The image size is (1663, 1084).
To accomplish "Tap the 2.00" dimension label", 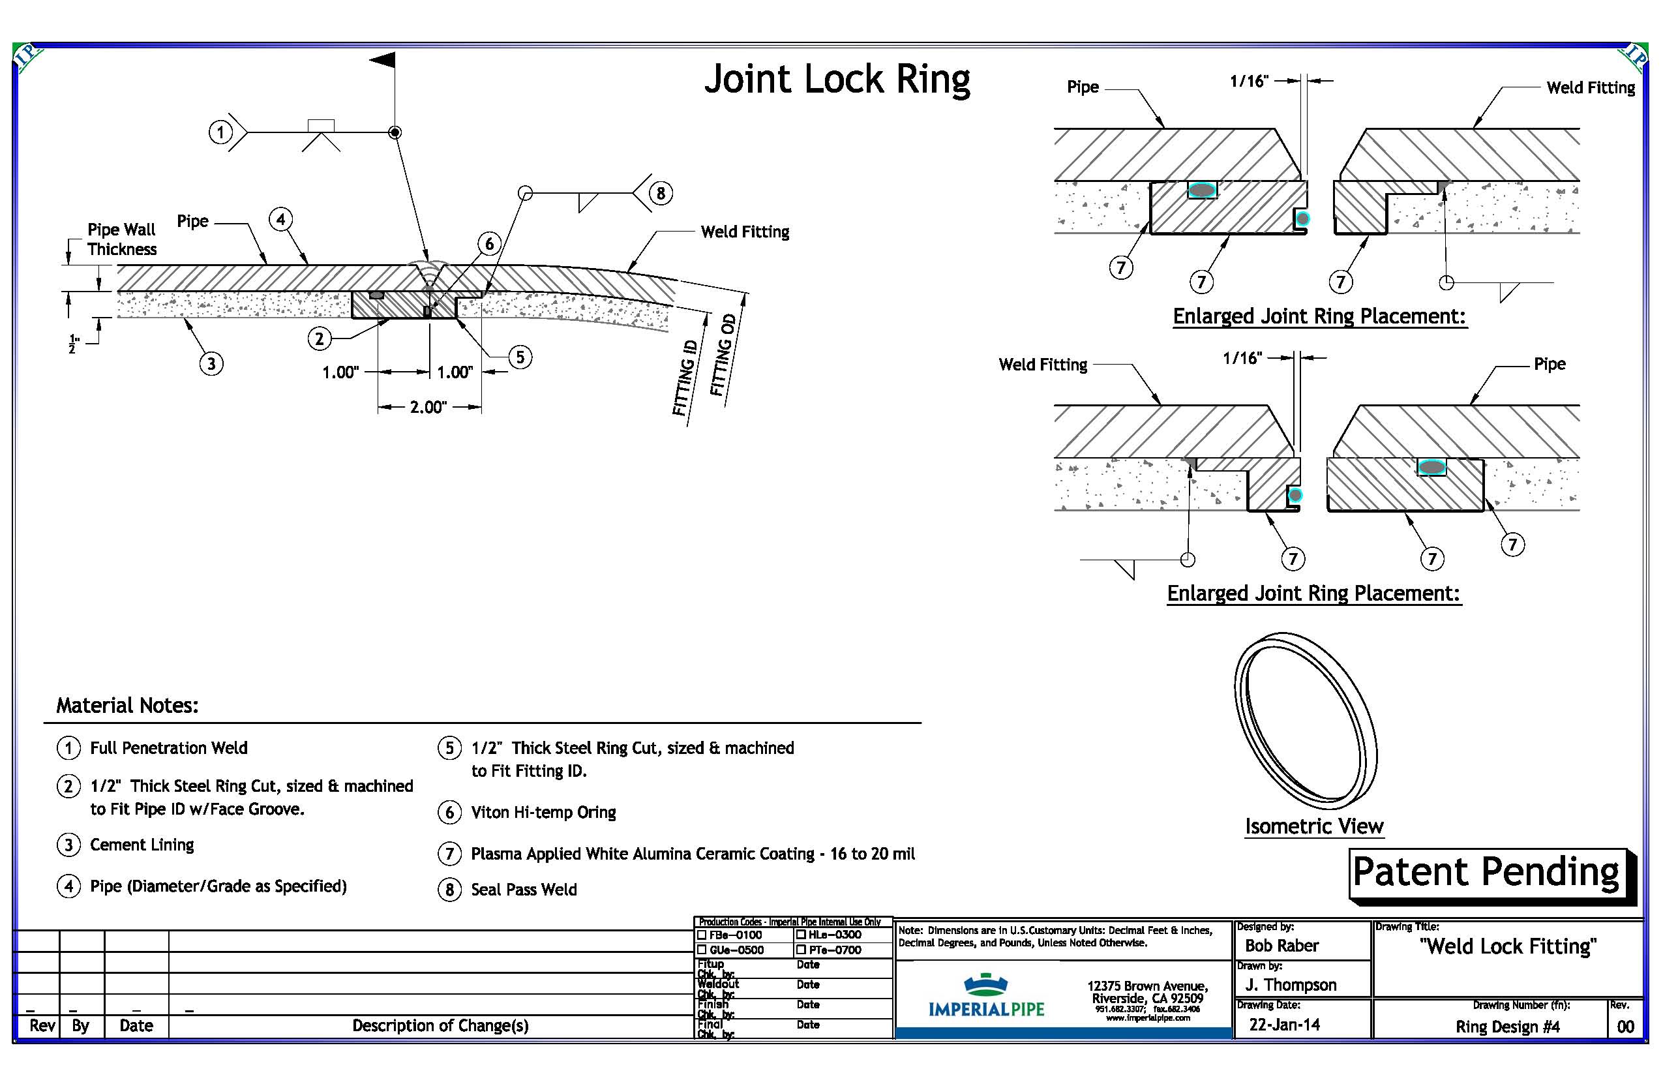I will click(x=428, y=407).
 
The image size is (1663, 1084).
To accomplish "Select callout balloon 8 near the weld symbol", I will click(x=660, y=193).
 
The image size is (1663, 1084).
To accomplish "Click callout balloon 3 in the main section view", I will click(x=211, y=363).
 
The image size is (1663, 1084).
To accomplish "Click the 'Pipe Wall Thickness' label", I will click(x=121, y=239).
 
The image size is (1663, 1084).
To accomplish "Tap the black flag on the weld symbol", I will click(x=383, y=60).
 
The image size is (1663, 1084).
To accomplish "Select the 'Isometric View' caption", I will click(x=1313, y=826).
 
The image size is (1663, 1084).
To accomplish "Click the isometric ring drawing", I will click(x=1305, y=720).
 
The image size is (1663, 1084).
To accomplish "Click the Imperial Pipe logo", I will click(x=986, y=997).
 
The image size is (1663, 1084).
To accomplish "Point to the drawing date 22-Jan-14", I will click(x=1284, y=1025).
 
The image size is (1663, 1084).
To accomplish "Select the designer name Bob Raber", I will click(x=1281, y=946).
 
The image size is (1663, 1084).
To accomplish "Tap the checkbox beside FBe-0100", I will click(x=702, y=935).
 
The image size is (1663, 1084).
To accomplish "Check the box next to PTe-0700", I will click(x=802, y=950).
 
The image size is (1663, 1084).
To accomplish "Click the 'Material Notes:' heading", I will click(x=127, y=705).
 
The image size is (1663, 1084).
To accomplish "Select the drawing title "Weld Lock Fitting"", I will click(x=1508, y=946).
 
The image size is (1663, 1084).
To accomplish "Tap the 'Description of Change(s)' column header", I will click(x=440, y=1025).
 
